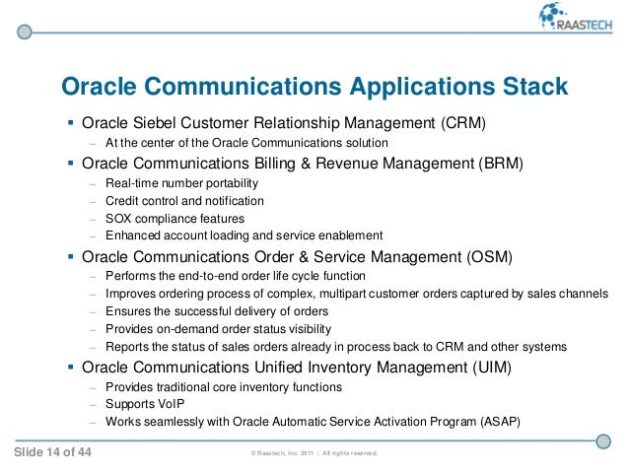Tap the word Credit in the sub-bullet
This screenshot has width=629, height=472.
tap(121, 200)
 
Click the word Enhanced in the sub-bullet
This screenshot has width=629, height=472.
tap(132, 236)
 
